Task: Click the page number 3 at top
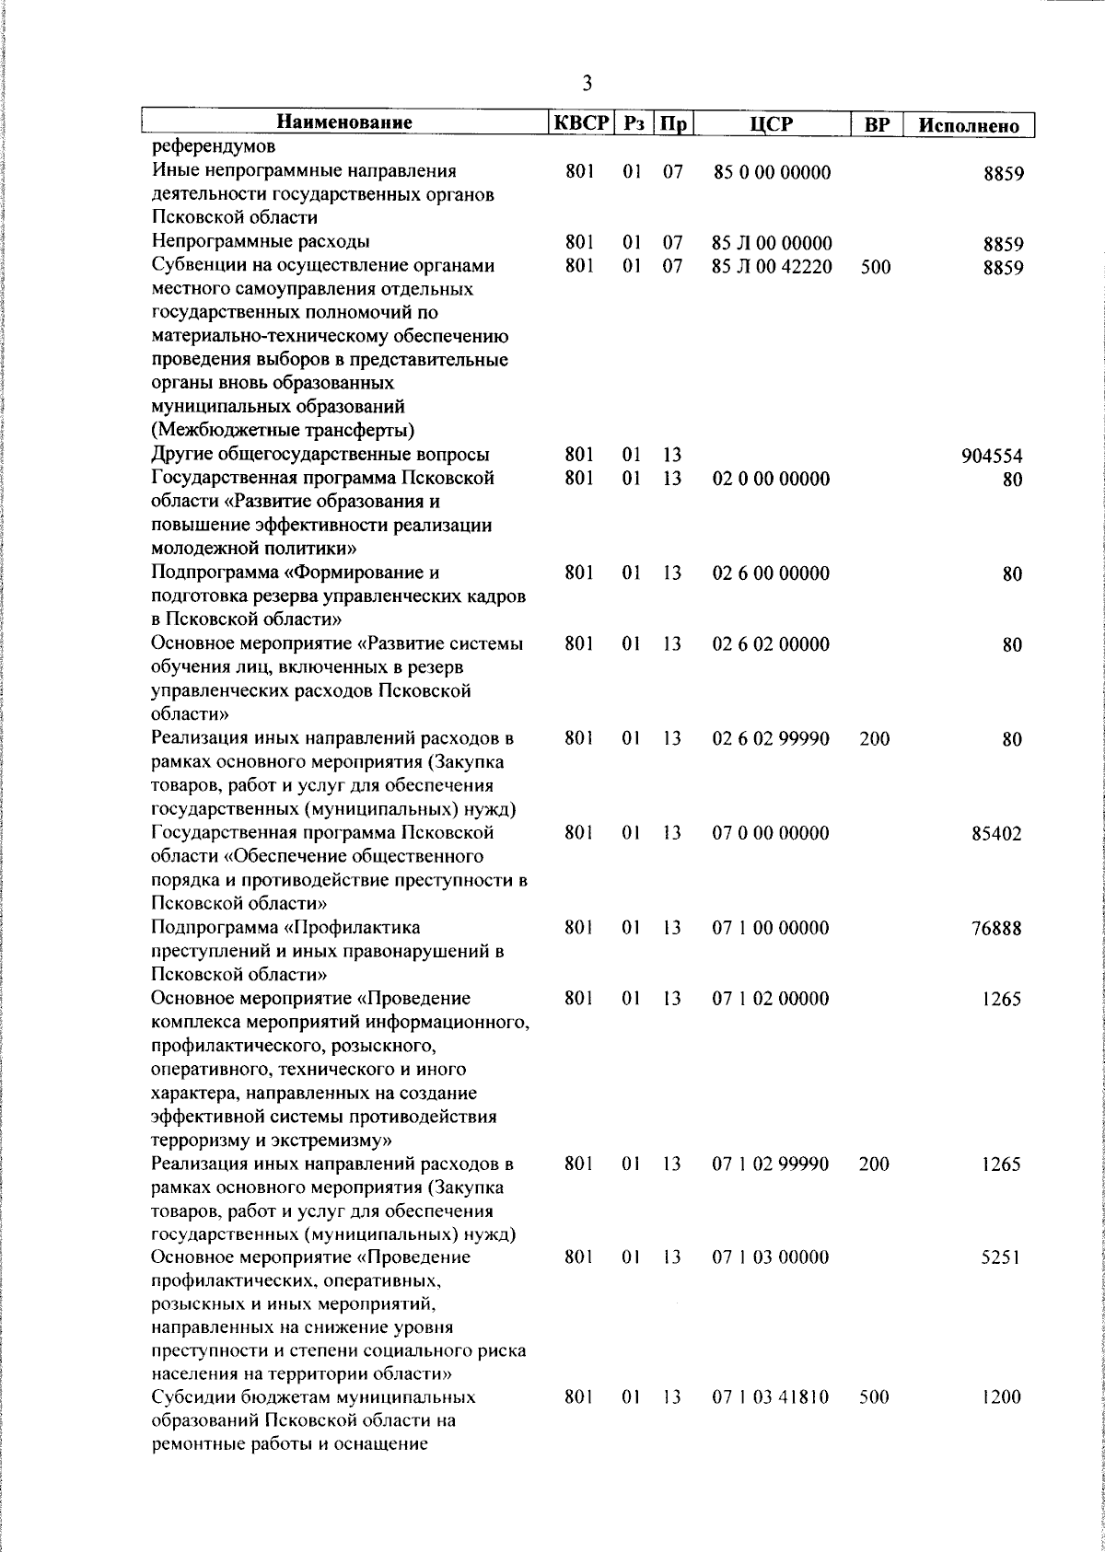point(587,84)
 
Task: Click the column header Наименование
point(344,123)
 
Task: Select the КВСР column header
point(580,123)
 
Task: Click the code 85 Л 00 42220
point(772,267)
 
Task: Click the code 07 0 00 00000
point(771,834)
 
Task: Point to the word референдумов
point(213,147)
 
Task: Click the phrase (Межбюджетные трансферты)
point(283,431)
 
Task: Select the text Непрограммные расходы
point(261,242)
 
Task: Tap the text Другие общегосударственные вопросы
point(320,455)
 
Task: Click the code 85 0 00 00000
point(772,172)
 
